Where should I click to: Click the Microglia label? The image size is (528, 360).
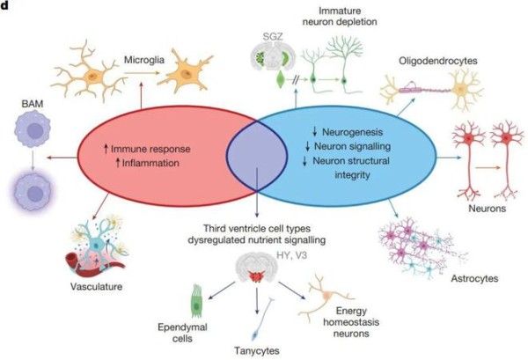(144, 60)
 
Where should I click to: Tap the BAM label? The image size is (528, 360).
(33, 104)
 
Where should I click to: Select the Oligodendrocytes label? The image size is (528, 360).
(438, 61)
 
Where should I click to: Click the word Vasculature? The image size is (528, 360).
(96, 287)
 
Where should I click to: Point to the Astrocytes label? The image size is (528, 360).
(474, 278)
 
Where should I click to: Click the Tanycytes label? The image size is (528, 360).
(257, 350)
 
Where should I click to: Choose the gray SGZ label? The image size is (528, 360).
(273, 36)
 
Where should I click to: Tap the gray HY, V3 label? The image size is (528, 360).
(291, 255)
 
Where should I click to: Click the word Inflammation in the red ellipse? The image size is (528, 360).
(150, 163)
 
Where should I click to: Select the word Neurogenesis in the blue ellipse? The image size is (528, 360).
(353, 132)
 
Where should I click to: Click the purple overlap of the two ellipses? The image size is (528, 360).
(257, 155)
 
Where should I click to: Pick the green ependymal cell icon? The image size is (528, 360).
(196, 301)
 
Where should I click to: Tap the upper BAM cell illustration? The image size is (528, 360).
(33, 129)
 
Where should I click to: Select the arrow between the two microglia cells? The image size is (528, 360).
(142, 72)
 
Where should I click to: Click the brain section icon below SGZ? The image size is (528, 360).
(273, 56)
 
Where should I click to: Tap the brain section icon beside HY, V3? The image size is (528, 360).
(257, 267)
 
